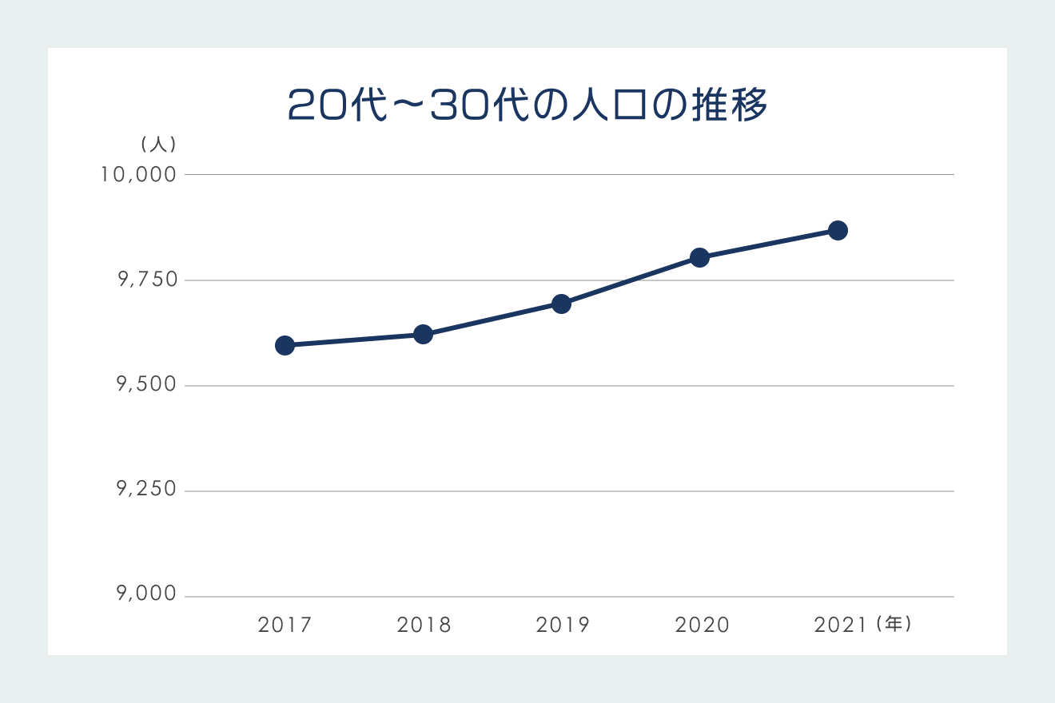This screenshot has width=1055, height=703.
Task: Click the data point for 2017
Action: [285, 345]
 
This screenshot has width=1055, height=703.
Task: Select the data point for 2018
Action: [423, 334]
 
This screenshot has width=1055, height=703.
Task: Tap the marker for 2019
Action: [561, 304]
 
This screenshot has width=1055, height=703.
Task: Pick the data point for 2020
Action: [699, 257]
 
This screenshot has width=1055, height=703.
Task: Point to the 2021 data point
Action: [838, 230]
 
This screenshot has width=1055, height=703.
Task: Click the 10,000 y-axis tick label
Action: [138, 174]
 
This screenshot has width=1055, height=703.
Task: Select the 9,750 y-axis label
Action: [146, 280]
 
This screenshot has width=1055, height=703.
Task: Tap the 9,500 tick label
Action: [146, 385]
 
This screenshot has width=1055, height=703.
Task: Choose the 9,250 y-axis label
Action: [146, 491]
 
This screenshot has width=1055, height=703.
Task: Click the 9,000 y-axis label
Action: [146, 595]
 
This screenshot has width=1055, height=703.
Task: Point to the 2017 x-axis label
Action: [285, 625]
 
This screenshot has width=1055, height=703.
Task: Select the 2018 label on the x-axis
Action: [424, 625]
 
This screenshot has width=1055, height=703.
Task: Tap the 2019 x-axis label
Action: [563, 625]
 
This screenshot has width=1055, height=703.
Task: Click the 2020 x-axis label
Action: [702, 625]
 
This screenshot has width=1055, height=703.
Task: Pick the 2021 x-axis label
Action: [840, 625]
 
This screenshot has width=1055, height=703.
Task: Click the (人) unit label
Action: [158, 145]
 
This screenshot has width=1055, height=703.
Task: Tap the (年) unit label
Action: [894, 624]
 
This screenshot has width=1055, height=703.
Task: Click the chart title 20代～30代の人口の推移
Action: [527, 105]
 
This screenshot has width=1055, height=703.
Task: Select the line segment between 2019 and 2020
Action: [630, 280]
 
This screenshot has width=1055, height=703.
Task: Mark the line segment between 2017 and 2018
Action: [353, 340]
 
